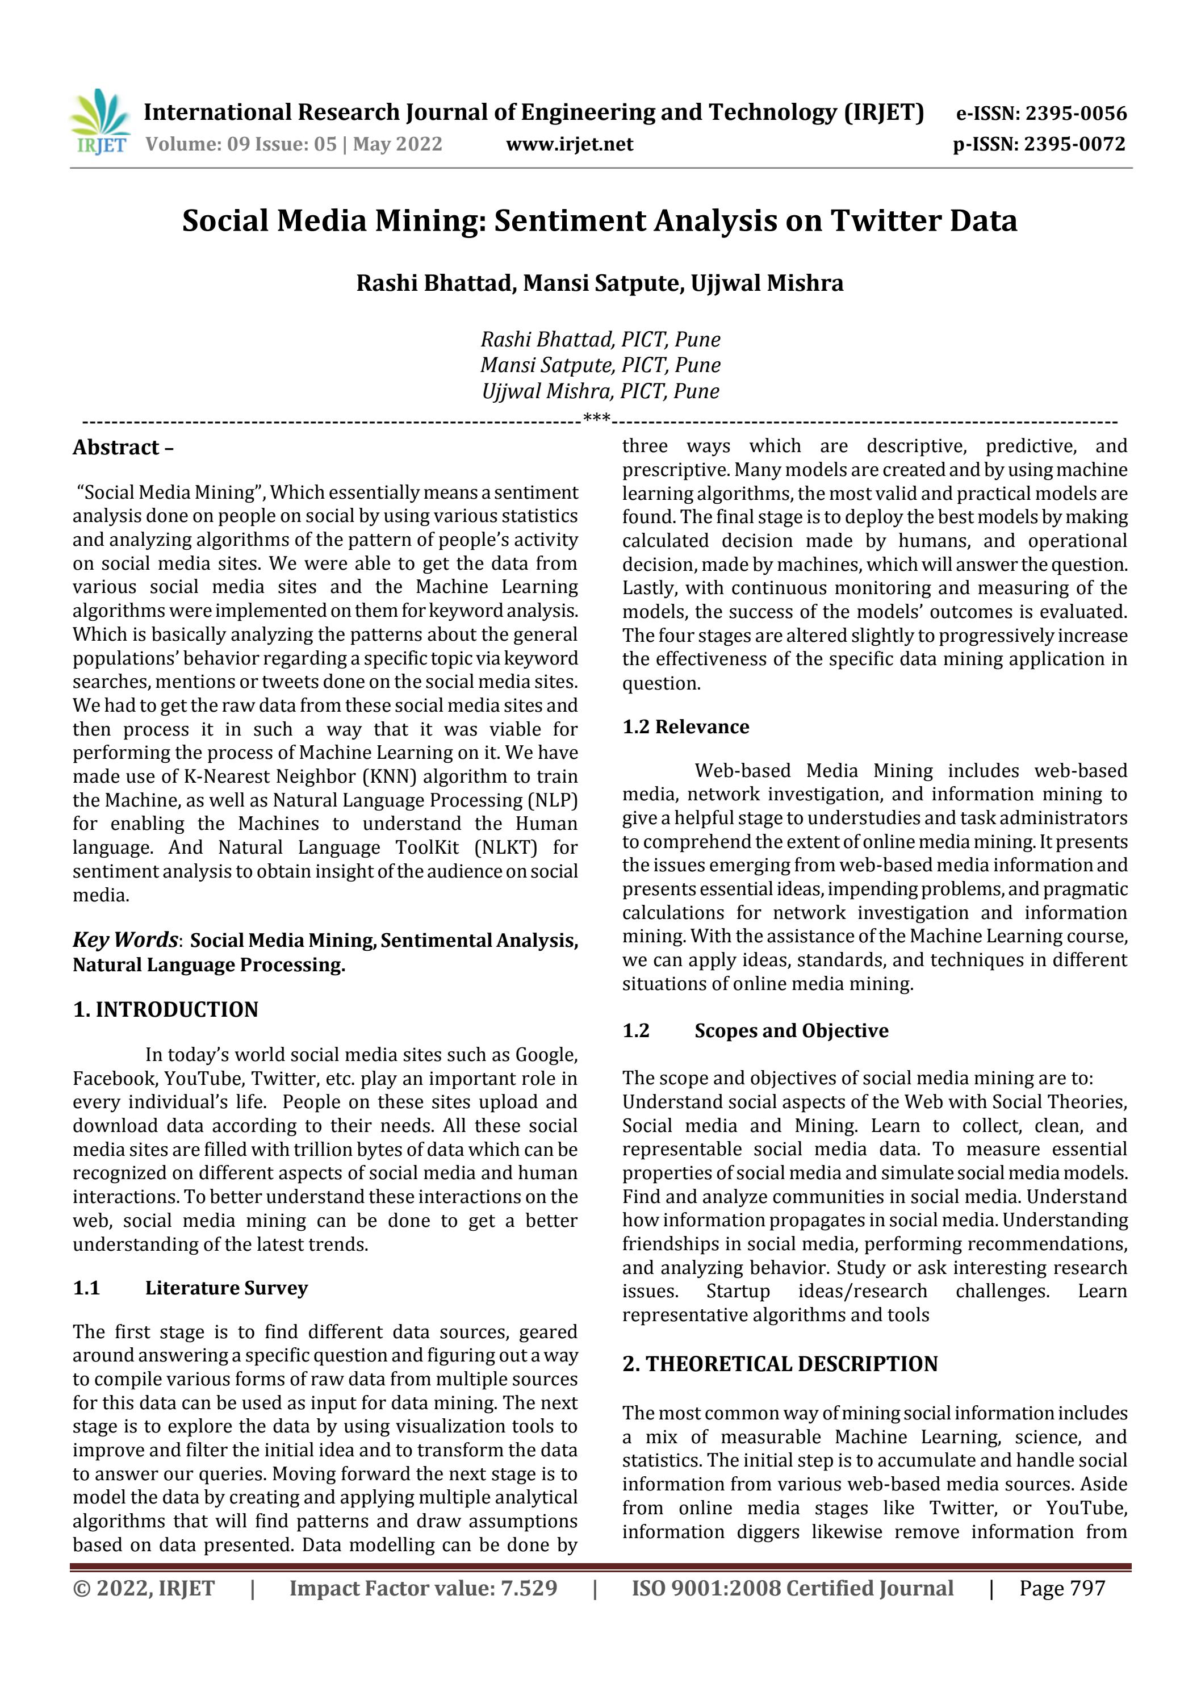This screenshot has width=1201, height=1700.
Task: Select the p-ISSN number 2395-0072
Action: (x=1074, y=144)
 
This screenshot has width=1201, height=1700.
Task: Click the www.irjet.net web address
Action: (x=570, y=144)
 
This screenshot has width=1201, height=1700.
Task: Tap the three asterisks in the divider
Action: (x=597, y=419)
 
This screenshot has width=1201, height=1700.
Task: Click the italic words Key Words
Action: (x=124, y=939)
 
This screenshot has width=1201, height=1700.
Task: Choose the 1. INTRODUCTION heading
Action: (x=165, y=1010)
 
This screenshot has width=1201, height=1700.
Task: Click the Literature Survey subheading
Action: (x=226, y=1288)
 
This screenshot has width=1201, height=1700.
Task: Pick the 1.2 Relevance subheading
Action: (x=685, y=727)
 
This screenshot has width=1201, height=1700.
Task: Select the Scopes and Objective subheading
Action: (x=791, y=1031)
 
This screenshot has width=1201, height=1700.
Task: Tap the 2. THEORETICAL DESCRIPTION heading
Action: (x=780, y=1364)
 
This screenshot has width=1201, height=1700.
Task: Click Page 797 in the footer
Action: (x=1062, y=1588)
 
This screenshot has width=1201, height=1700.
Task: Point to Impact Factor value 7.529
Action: (x=423, y=1588)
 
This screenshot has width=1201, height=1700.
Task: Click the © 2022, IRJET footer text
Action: (x=144, y=1588)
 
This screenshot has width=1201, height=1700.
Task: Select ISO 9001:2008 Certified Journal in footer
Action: (x=792, y=1588)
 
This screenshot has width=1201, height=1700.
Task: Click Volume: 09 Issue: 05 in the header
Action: (x=241, y=144)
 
